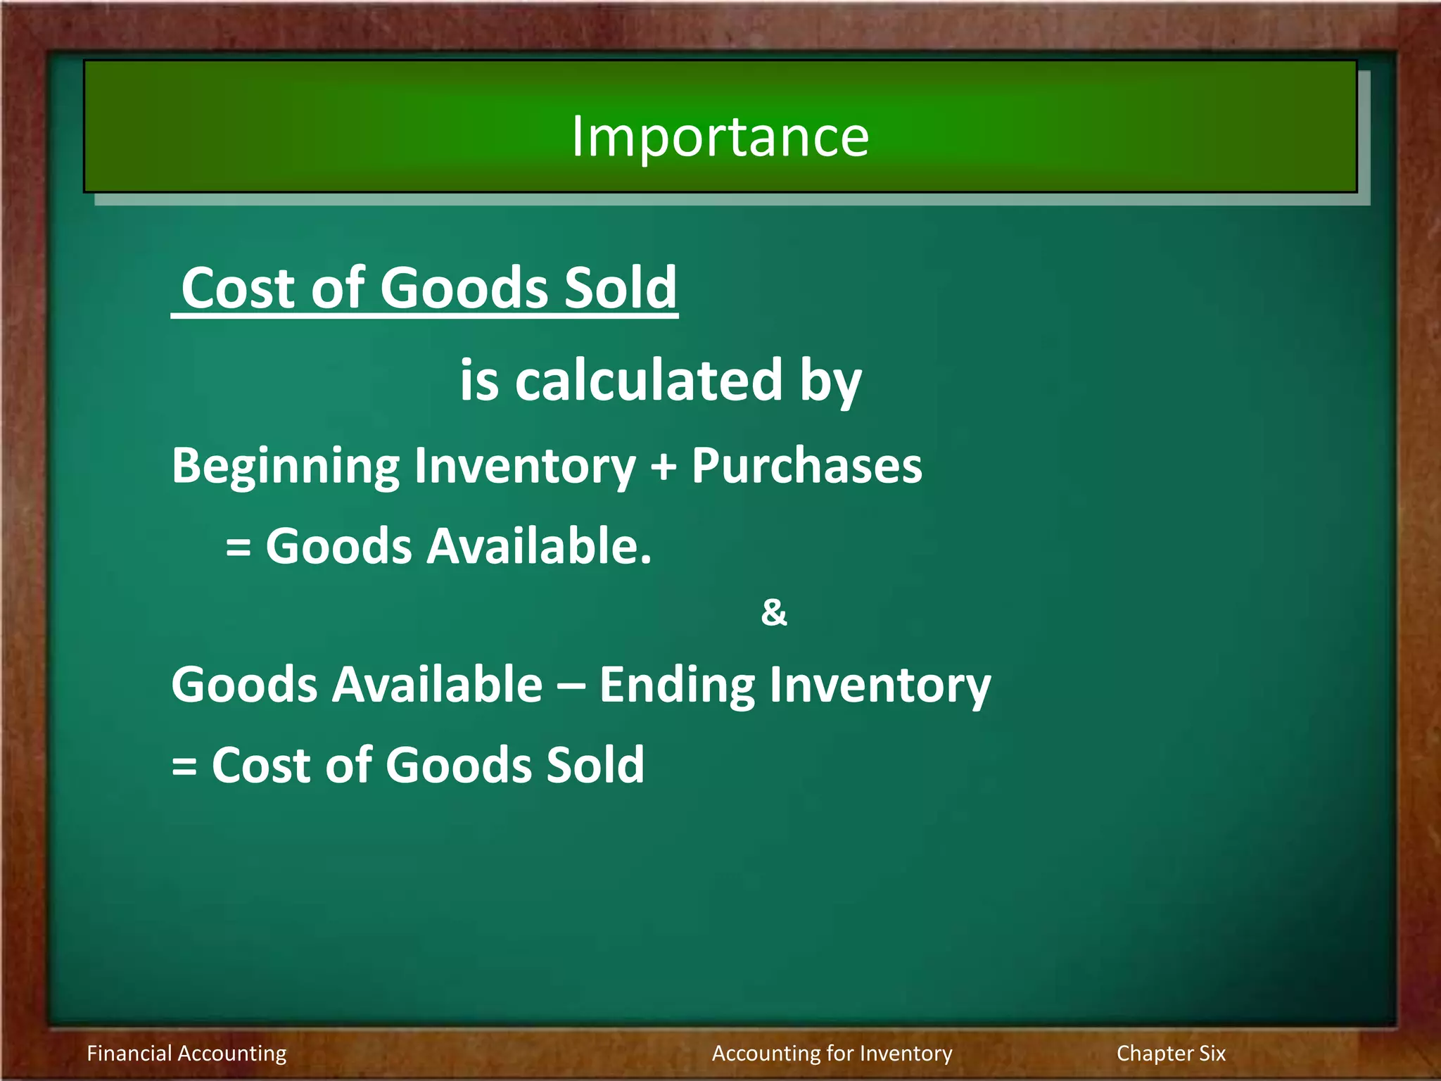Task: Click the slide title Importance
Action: pos(719,136)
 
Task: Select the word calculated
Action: pos(648,380)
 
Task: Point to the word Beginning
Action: pos(286,467)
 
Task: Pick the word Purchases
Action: pos(806,466)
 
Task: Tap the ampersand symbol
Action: pos(773,612)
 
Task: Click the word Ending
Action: pos(675,685)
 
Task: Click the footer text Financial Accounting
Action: pos(186,1053)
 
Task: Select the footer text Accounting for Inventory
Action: pos(832,1053)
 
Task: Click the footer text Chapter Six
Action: pos(1171,1053)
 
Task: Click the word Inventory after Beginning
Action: pos(524,467)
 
